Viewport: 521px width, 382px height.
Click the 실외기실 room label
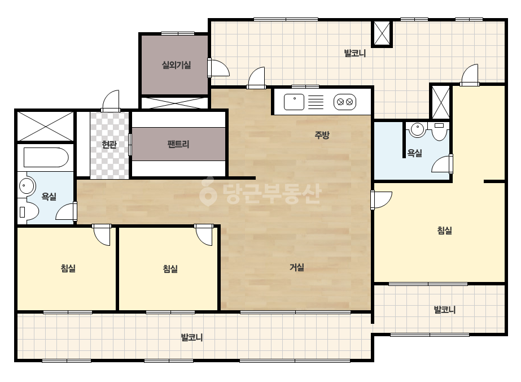176,65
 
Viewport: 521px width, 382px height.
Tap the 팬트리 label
178,144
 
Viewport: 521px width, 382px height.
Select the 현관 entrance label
109,145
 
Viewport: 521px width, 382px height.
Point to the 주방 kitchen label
322,134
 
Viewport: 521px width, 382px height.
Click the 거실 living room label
297,267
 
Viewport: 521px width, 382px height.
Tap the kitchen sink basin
294,102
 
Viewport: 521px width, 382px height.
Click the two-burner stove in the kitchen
345,102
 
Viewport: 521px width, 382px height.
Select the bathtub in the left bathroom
46,158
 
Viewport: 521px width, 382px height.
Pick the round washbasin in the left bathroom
27,186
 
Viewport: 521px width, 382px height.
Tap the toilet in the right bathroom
439,132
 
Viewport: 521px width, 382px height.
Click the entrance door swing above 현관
111,100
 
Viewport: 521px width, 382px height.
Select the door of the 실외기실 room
218,68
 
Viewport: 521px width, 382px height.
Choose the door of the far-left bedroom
102,235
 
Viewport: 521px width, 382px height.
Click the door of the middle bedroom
204,235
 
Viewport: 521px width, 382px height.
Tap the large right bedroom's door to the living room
381,200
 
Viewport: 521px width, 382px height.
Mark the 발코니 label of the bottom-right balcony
445,310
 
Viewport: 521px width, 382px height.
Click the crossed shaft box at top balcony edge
382,33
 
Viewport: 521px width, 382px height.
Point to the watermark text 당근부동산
260,193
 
